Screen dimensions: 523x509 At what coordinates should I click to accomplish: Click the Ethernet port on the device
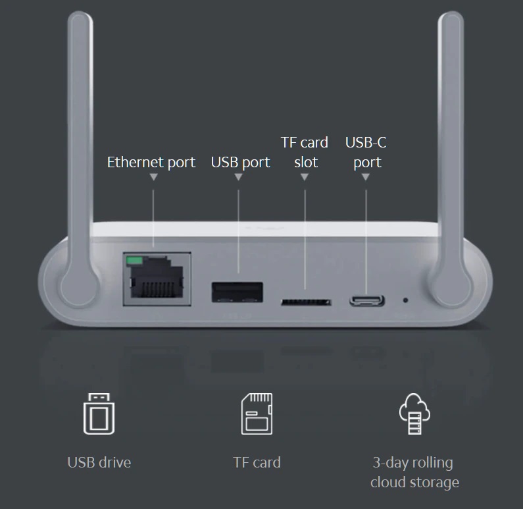coord(157,279)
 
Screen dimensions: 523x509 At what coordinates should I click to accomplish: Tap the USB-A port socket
coord(237,292)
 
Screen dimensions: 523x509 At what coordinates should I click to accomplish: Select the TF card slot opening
coord(306,302)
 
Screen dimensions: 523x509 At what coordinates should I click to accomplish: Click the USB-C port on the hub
coord(366,301)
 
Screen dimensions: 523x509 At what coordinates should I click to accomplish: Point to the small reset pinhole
coord(405,300)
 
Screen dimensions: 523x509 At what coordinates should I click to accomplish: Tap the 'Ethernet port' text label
coord(151,163)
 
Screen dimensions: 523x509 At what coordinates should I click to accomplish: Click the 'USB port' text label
coord(241,163)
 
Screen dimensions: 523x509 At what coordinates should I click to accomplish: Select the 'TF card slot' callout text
coord(305,152)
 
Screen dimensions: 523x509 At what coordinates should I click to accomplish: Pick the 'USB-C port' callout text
coord(366,153)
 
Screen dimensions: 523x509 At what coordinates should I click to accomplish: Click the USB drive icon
coord(99,414)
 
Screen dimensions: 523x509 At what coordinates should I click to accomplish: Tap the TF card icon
coord(257,414)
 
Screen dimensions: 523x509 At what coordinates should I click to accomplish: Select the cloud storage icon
coord(414,414)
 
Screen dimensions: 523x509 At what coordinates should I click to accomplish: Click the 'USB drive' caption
coord(99,463)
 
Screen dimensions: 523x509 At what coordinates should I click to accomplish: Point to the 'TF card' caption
coord(257,463)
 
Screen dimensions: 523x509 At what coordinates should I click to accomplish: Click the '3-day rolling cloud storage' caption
coord(414,473)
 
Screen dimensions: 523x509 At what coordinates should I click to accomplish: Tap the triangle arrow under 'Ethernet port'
coord(153,177)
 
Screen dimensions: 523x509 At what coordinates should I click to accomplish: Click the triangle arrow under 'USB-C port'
coord(366,177)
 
